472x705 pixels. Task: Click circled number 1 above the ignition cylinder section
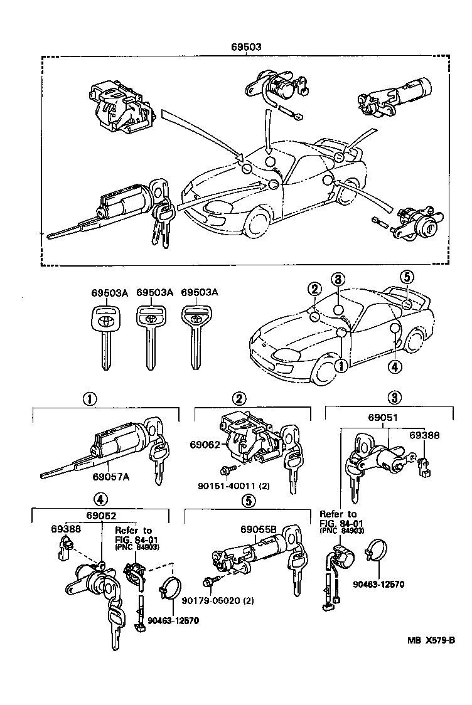[90, 398]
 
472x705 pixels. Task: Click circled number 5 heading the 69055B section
[249, 500]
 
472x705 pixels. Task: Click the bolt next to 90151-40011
[227, 470]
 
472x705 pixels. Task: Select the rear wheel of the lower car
[414, 342]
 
